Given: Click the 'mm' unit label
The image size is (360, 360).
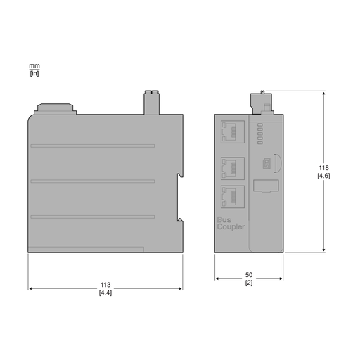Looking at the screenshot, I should tap(34, 65).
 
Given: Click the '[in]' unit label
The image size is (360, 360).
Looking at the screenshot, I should tap(34, 72).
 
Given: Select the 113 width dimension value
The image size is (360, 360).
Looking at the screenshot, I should tap(105, 285).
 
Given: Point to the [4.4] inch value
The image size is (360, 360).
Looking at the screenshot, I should tap(105, 292).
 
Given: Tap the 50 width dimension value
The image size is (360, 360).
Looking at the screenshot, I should tap(249, 275).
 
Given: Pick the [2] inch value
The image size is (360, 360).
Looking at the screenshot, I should tap(249, 283).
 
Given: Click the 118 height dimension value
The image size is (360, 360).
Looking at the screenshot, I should tap(323, 167).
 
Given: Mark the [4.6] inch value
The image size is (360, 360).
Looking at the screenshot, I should tap(323, 175).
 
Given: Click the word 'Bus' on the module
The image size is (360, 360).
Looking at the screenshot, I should tap(223, 219).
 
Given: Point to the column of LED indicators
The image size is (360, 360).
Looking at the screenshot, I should tap(259, 132).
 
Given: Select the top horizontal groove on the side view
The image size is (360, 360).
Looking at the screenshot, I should tap(92, 146).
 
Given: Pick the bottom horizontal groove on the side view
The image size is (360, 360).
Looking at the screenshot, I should tap(92, 215).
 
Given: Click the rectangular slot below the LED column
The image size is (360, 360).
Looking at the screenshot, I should tap(265, 186).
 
